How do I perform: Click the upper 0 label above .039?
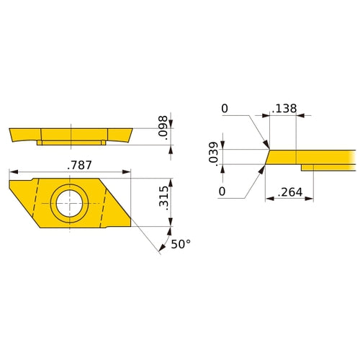(225, 108)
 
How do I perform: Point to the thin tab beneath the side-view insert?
(72, 143)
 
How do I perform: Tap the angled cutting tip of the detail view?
(268, 156)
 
